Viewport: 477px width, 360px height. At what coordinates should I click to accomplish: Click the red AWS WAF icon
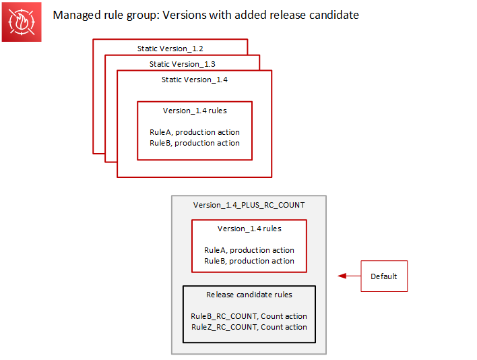tap(22, 22)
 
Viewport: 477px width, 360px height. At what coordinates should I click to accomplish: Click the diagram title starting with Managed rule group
tap(205, 15)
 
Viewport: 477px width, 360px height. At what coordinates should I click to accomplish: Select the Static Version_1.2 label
tap(170, 49)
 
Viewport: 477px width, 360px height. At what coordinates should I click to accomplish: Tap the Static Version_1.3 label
tap(182, 64)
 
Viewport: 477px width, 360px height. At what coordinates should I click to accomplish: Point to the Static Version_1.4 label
tap(194, 80)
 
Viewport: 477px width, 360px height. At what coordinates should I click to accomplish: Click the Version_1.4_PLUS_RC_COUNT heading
tap(249, 205)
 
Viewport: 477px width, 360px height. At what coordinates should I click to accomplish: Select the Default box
tap(384, 276)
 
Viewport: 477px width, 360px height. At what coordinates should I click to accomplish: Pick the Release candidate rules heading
tap(249, 295)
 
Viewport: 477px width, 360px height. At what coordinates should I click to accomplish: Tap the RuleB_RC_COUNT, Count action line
tap(249, 316)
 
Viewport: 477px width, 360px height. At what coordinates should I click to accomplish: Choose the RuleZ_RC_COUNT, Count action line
tap(249, 327)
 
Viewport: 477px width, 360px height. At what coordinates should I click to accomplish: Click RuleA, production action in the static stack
tap(195, 132)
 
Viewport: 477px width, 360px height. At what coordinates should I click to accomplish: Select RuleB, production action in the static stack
tap(195, 143)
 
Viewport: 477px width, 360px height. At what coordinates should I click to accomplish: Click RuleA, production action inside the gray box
tap(249, 250)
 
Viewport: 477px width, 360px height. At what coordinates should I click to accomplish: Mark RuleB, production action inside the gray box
tap(249, 261)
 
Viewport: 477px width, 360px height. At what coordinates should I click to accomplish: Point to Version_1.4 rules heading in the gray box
tap(249, 229)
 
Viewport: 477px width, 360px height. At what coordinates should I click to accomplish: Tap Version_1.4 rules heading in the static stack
tap(195, 111)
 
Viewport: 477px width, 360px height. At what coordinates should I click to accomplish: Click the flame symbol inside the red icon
tap(22, 22)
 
